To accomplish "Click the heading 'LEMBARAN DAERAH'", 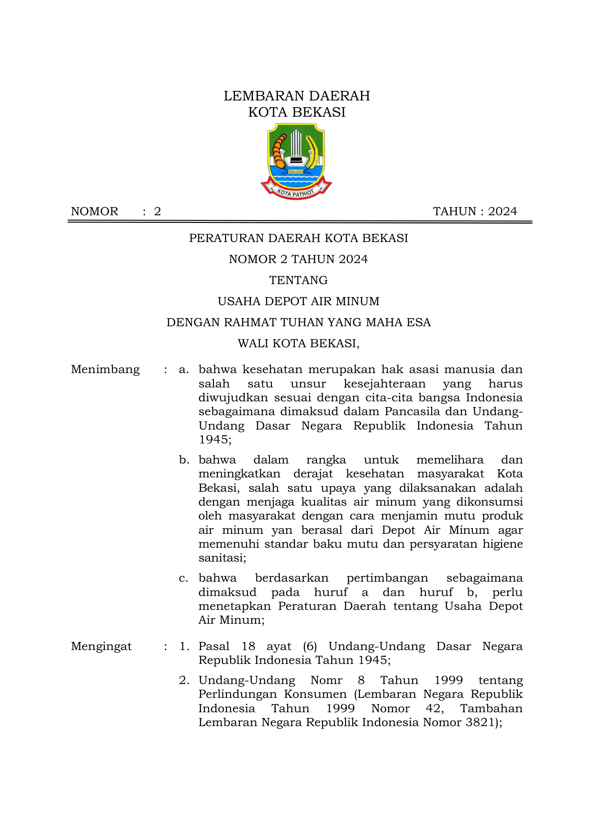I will (297, 96).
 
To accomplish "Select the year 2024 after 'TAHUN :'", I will (503, 211).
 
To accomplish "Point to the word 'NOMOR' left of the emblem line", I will (94, 211).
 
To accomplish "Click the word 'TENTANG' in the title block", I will (298, 280).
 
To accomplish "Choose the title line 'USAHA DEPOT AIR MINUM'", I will (298, 301).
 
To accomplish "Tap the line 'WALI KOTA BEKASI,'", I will (298, 343).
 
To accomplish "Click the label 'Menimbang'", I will (105, 370).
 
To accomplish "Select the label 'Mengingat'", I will (101, 647).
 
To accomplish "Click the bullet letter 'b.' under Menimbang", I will (184, 460).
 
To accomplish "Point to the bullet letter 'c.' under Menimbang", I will (184, 578).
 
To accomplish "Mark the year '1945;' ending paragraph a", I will (215, 440).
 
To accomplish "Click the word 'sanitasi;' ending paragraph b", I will (222, 558).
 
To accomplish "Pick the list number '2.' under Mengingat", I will (184, 681).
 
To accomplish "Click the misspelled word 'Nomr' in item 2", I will (326, 681).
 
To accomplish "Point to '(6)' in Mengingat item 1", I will (310, 647).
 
